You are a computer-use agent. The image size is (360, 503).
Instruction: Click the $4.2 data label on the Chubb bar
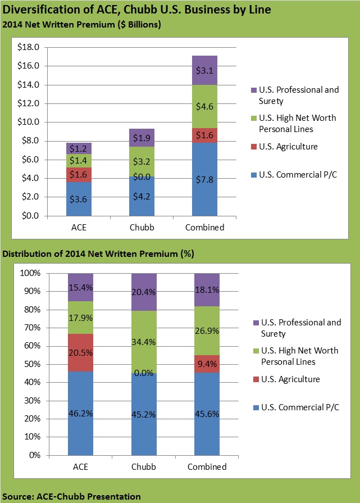pos(142,197)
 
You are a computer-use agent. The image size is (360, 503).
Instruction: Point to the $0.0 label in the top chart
pos(142,177)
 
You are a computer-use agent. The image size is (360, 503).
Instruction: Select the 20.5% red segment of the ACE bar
pos(80,352)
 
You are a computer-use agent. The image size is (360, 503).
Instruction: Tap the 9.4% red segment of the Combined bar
pos(207,364)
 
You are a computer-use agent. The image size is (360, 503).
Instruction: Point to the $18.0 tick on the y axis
pos(28,48)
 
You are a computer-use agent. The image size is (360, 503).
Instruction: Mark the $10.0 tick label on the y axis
pos(28,122)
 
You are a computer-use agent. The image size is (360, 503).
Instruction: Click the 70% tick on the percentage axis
pos(31,328)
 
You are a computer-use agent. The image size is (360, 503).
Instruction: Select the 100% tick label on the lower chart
pos(29,273)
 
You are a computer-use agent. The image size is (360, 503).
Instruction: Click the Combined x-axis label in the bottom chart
pos(207,467)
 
